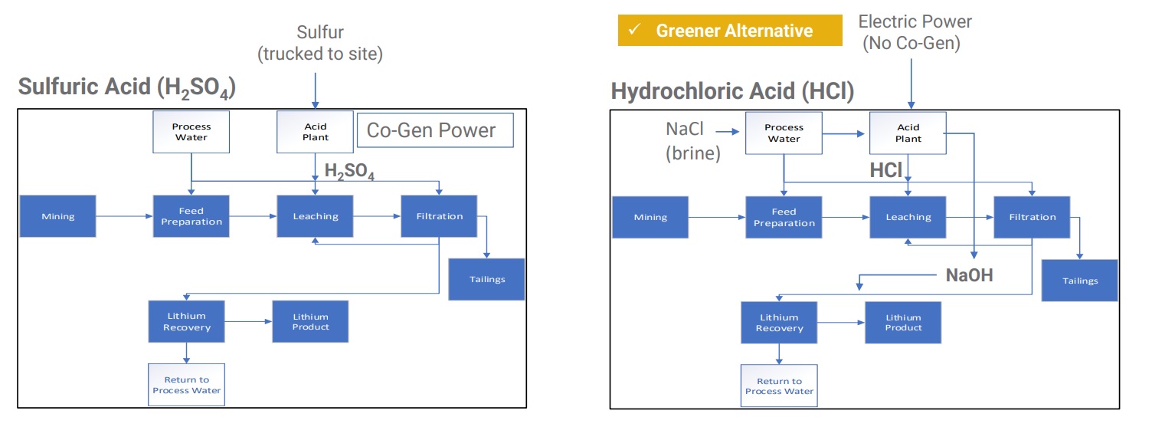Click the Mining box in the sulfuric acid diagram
[x=58, y=216]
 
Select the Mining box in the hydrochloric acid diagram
[x=650, y=217]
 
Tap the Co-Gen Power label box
[x=435, y=130]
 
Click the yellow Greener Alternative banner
[x=730, y=31]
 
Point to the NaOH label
[x=969, y=275]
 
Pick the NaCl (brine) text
[x=692, y=141]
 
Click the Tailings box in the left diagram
[x=486, y=279]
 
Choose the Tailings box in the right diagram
[x=1079, y=281]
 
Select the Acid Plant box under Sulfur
[x=316, y=132]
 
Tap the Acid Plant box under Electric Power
[x=908, y=133]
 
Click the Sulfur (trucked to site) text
[x=320, y=43]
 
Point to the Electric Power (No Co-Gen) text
[x=915, y=32]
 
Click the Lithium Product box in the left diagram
[x=310, y=321]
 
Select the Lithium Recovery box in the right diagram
[x=779, y=323]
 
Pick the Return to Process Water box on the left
[x=186, y=385]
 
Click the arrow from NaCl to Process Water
[x=727, y=132]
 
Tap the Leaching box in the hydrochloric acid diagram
[x=908, y=217]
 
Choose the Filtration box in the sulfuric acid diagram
[x=439, y=216]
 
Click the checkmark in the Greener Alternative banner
[x=635, y=29]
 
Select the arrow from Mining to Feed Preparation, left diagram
[x=124, y=216]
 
